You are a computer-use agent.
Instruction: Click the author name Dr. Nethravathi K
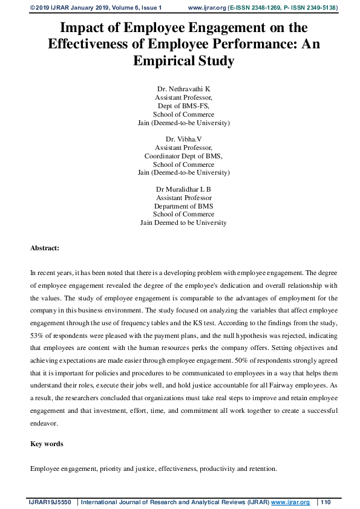[x=183, y=89]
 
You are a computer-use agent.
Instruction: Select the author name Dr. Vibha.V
[x=183, y=139]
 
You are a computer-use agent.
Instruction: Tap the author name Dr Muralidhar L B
[x=183, y=189]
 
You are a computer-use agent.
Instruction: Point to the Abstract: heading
[x=45, y=248]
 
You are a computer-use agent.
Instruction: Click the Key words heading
[x=47, y=444]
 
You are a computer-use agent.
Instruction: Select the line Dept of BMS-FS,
[x=183, y=106]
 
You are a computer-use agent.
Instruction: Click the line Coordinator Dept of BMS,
[x=183, y=156]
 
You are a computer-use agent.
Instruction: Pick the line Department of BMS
[x=183, y=206]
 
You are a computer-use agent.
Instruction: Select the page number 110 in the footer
[x=326, y=502]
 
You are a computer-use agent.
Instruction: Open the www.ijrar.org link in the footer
[x=290, y=502]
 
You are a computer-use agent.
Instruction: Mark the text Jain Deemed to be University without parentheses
[x=183, y=222]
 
